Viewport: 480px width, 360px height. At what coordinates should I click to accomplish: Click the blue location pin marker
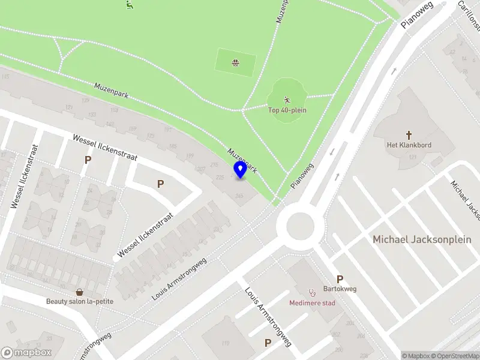pos(240,169)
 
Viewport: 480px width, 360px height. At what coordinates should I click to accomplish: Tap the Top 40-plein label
pos(286,110)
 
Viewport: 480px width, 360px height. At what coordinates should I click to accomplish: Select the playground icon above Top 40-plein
pos(287,99)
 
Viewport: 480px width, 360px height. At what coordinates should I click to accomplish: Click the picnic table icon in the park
pos(236,62)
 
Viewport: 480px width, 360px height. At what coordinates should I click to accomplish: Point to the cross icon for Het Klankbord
pos(409,135)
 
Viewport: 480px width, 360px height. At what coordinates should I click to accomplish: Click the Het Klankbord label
pos(409,145)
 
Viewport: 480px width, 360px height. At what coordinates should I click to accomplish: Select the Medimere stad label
pos(312,302)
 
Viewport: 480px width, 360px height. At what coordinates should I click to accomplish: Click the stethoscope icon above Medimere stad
pos(312,293)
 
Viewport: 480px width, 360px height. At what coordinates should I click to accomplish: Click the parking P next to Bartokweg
pos(340,279)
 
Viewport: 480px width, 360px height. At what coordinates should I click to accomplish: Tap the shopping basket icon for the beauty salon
pos(79,292)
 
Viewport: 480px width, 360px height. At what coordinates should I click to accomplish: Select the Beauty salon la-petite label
pos(80,301)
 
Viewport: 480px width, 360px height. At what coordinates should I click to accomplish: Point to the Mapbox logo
pos(26,353)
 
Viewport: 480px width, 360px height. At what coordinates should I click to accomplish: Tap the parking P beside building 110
pos(268,343)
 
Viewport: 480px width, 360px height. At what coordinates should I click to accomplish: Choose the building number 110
pos(225,343)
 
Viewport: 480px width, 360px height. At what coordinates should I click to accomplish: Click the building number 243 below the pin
pos(240,196)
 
